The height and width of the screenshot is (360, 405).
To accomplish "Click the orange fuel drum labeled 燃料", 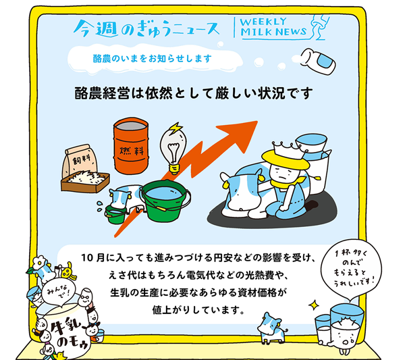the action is point(131,145).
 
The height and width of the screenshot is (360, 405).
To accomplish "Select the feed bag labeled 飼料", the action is point(80,162).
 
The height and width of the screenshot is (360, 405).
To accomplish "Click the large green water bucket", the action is point(165,201).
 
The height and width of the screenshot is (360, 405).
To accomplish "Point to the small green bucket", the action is point(115,214).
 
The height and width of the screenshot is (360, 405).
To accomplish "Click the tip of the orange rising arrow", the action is point(258,121).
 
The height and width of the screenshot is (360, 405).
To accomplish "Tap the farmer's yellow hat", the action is point(286,159).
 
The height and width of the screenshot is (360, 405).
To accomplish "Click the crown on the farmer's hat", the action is point(288,149).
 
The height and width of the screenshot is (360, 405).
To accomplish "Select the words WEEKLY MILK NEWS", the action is point(273,27).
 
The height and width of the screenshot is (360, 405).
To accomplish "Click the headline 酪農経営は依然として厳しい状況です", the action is point(194,93).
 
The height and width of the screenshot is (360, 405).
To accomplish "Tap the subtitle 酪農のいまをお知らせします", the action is point(153,59).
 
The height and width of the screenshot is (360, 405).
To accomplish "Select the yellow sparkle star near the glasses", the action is point(314,305).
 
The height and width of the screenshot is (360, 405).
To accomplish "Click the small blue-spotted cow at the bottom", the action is point(273,328).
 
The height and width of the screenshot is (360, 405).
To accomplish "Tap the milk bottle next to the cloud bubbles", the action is point(318,61).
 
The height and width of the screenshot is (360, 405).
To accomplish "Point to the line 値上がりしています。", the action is point(198,309).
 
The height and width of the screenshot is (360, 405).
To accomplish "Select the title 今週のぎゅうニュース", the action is point(146,28).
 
